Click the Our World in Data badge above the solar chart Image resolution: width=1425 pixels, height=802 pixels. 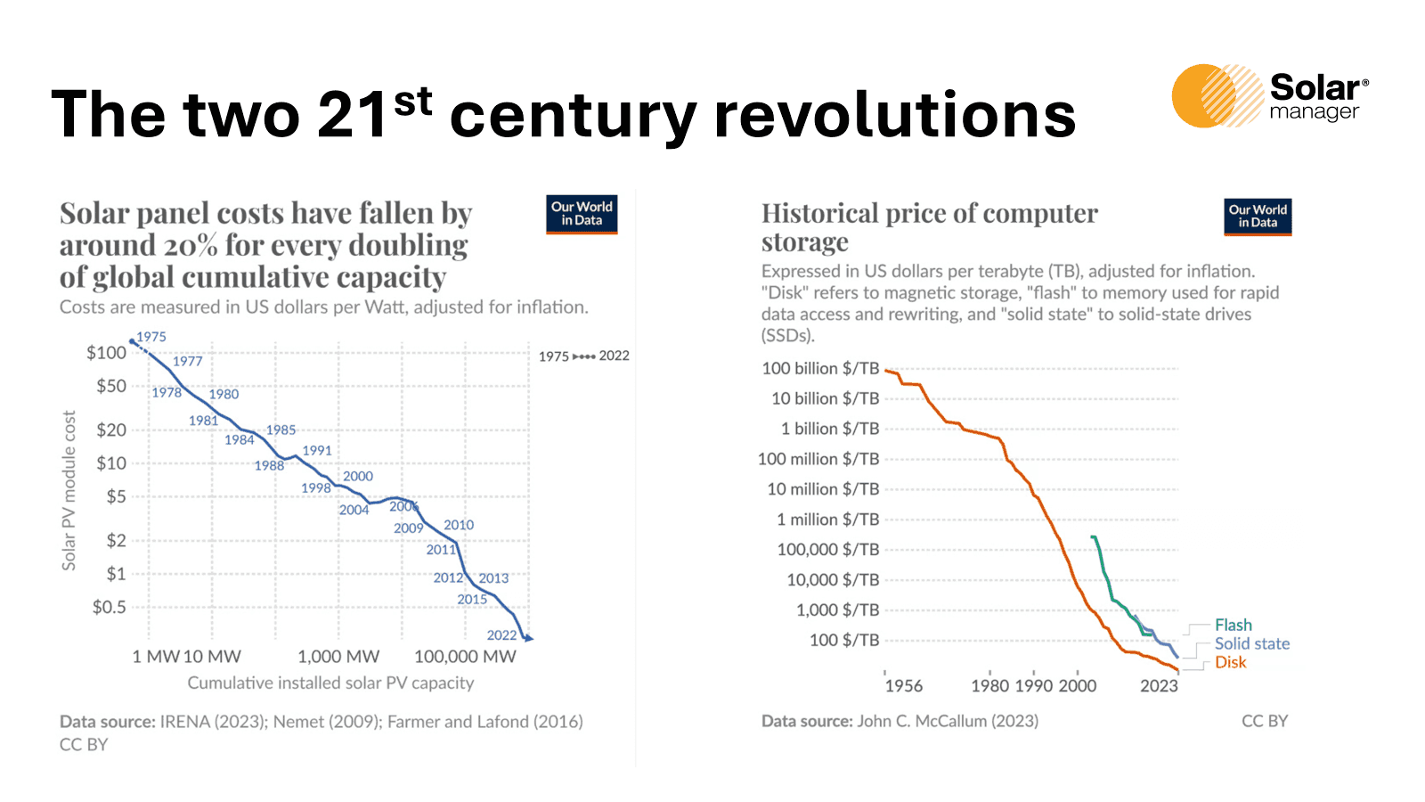coord(582,214)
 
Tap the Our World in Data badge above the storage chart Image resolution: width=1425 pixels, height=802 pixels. coord(1258,217)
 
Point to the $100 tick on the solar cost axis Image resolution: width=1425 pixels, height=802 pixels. coord(106,353)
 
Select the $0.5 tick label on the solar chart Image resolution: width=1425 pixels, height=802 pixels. coord(109,608)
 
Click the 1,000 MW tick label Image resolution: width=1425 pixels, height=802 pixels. coord(338,657)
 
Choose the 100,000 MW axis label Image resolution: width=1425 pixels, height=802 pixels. coord(465,657)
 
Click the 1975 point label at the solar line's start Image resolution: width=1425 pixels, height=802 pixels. coord(151,337)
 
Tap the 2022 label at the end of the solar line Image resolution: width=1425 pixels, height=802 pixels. coord(501,635)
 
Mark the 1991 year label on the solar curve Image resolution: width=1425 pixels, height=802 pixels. coord(317,451)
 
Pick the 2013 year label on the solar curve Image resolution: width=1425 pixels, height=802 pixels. coord(493,578)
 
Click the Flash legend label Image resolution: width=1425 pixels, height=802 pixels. coord(1233,626)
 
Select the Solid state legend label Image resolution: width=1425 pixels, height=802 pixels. coord(1251,644)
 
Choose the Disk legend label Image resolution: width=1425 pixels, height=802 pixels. coord(1230,663)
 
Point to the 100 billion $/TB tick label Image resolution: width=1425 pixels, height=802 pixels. coord(820,369)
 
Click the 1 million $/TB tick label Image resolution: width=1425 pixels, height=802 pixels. coord(827,520)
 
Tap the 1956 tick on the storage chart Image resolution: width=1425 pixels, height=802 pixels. coord(903,686)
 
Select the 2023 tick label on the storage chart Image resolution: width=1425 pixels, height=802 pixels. coord(1159,686)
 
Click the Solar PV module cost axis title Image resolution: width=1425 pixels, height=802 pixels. coord(69,490)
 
